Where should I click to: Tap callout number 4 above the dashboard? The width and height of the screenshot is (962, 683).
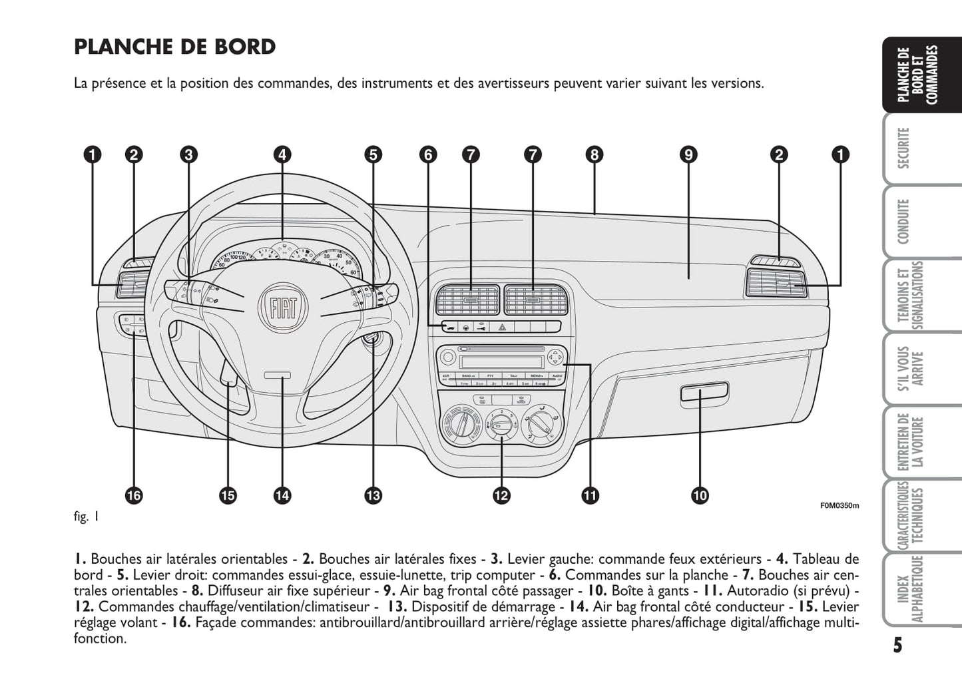(x=282, y=154)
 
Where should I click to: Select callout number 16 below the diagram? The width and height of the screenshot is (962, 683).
(x=134, y=495)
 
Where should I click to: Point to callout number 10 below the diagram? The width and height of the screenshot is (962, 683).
(x=700, y=495)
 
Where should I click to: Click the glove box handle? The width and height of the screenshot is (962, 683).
(x=704, y=392)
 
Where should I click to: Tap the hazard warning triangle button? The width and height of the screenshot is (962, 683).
(x=501, y=327)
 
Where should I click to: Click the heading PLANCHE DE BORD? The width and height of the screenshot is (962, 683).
(x=174, y=47)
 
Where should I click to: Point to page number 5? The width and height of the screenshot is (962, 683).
(x=897, y=645)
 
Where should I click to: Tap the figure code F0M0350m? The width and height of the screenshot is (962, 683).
(x=839, y=505)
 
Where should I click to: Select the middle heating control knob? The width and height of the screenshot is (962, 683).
(x=501, y=423)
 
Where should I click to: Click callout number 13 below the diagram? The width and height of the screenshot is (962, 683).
(x=373, y=495)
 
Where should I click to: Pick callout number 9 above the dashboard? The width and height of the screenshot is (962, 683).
(x=688, y=154)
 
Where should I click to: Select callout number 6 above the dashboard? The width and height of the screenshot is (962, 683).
(x=428, y=154)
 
